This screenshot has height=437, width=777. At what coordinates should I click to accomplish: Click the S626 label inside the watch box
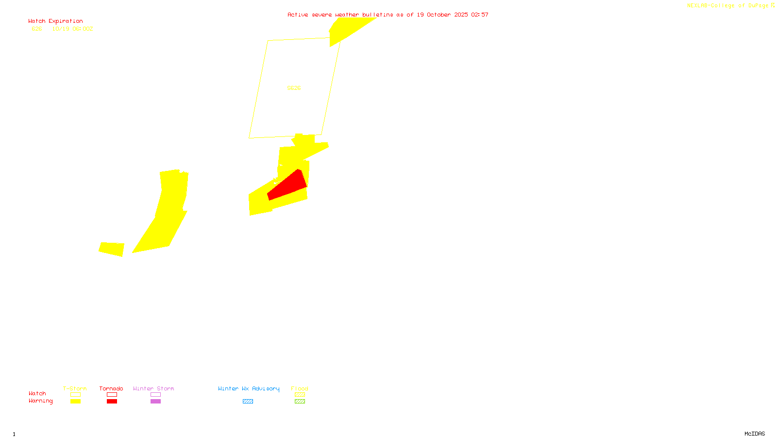[x=294, y=88]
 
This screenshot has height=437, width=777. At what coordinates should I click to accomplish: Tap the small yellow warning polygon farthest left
[x=112, y=249]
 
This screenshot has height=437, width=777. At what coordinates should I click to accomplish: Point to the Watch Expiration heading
[x=55, y=21]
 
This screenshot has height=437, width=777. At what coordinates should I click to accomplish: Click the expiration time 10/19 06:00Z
[x=72, y=29]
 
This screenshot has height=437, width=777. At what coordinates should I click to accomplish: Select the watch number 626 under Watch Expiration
[x=37, y=29]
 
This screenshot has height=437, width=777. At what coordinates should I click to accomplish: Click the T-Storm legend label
[x=75, y=388]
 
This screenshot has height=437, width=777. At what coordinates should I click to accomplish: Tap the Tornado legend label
[x=111, y=388]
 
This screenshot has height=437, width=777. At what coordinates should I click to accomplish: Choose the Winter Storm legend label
[x=153, y=388]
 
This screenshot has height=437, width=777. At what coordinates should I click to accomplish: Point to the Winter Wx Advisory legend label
[x=249, y=388]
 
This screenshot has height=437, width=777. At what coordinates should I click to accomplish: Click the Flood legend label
[x=300, y=388]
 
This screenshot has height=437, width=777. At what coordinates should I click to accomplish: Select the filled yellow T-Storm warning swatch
[x=75, y=402]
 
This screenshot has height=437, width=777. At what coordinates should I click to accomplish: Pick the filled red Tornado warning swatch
[x=112, y=402]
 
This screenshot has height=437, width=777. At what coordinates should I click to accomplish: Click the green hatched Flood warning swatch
[x=300, y=402]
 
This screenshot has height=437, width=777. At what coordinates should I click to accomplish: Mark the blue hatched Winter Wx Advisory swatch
[x=248, y=402]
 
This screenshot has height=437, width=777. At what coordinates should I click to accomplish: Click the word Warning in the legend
[x=40, y=401]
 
